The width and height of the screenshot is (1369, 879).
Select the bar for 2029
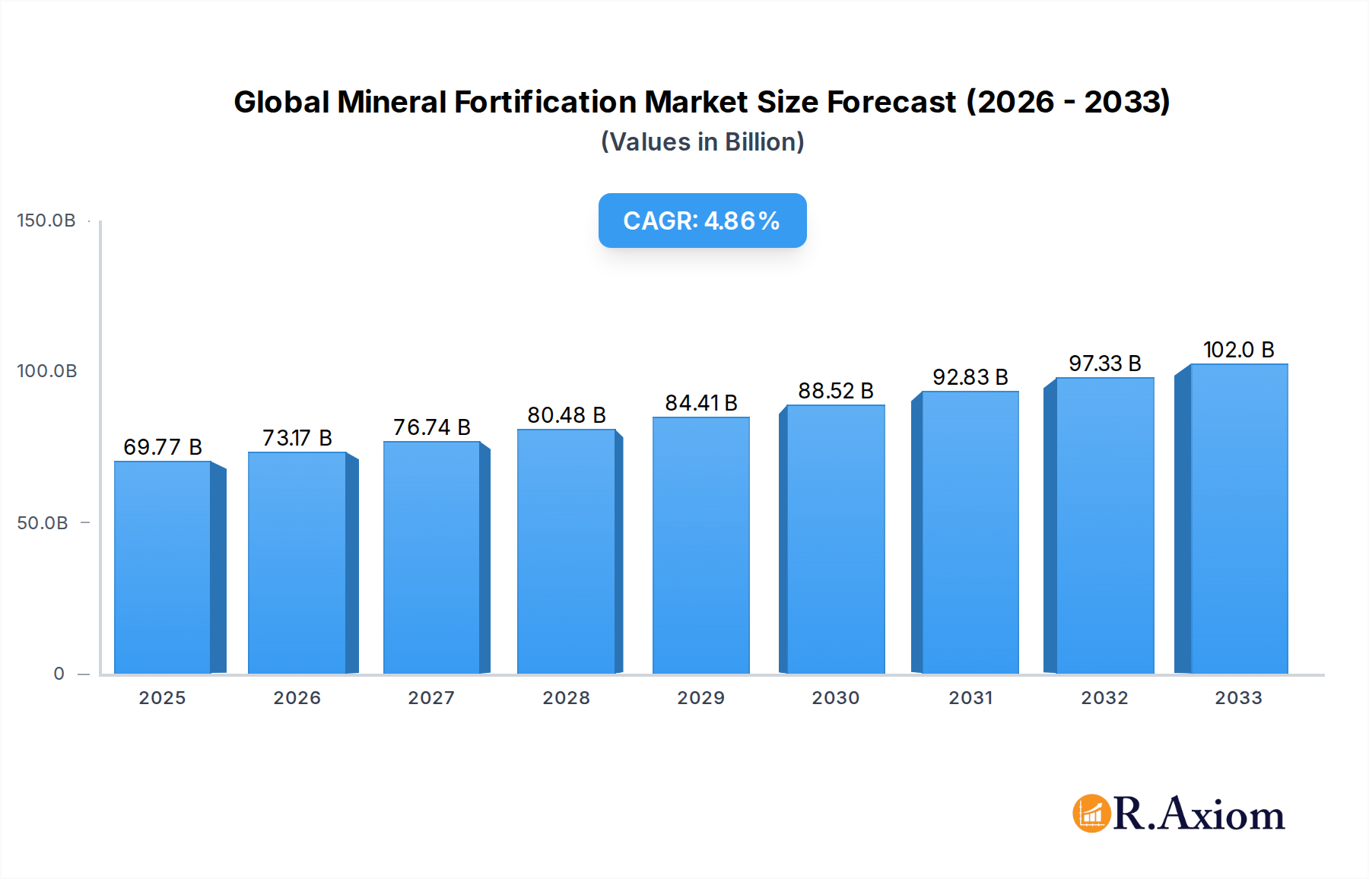[x=700, y=545]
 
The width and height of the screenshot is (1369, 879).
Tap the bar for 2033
[x=1238, y=519]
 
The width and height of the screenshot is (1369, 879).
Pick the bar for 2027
[x=431, y=557]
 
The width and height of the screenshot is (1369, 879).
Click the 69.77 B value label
[x=163, y=447]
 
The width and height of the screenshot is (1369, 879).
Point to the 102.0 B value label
[x=1238, y=350]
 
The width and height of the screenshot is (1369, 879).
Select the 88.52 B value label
[x=835, y=391]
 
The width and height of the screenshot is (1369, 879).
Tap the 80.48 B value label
[x=567, y=415]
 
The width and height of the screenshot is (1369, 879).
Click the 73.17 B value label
[x=297, y=438]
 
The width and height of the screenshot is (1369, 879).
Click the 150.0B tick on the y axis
[x=46, y=221]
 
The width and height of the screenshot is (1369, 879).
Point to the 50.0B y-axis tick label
[x=43, y=523]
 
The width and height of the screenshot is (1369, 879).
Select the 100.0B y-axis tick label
[x=47, y=371]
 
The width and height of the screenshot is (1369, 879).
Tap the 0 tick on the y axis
[x=59, y=674]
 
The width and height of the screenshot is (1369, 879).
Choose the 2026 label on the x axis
[x=297, y=698]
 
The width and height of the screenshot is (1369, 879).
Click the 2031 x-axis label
[x=970, y=698]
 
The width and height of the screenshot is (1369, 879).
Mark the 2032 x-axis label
[x=1104, y=698]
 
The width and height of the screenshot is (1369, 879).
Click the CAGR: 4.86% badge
[x=702, y=221]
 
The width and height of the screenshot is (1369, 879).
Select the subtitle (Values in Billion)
[x=702, y=142]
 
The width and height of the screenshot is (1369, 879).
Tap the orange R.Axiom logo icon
[x=1091, y=814]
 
